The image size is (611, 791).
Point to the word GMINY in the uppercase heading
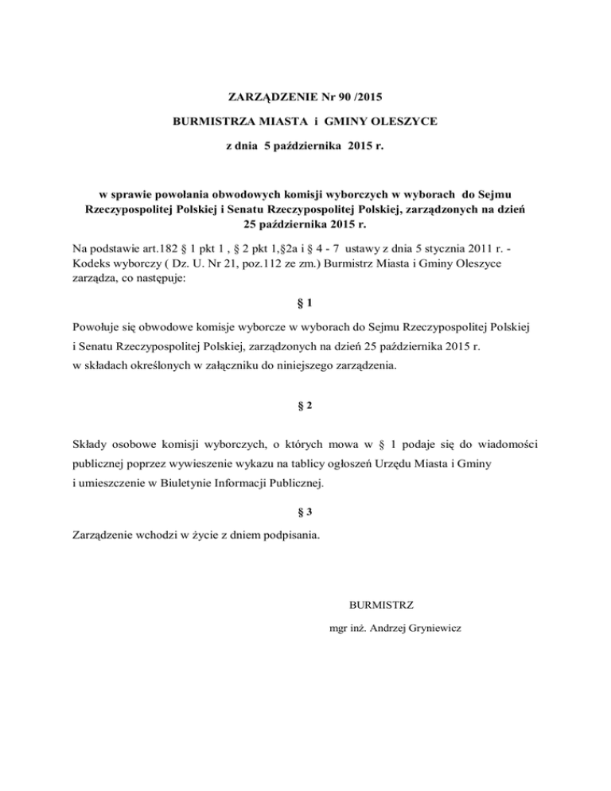[x=343, y=123]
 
